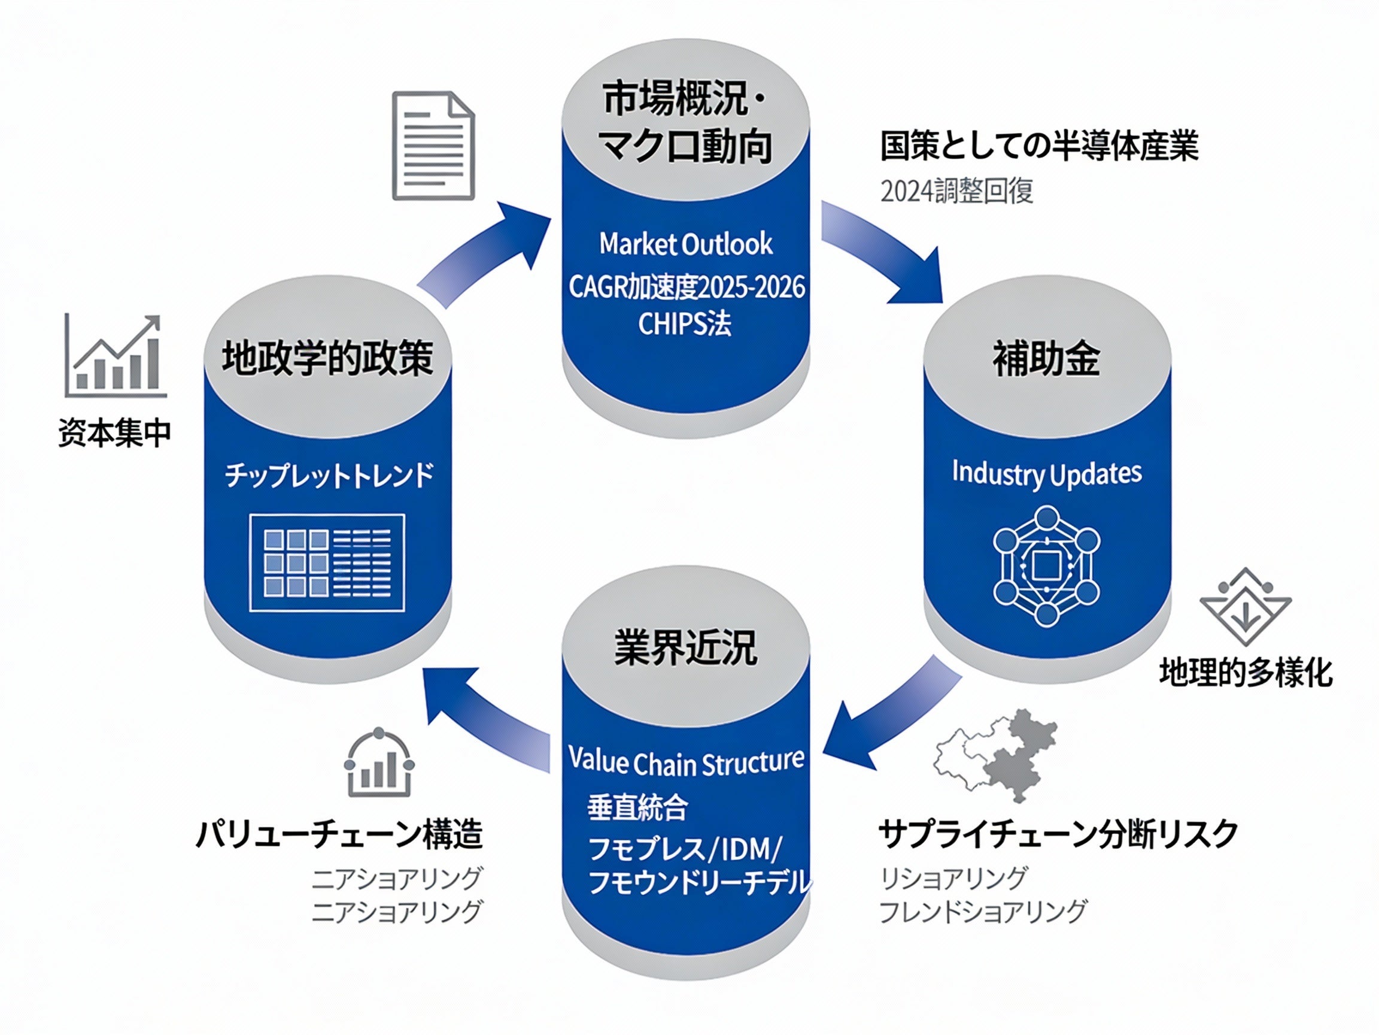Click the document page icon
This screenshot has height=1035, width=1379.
pos(433,146)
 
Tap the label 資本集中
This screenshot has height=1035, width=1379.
pos(115,433)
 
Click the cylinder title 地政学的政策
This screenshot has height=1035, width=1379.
pos(328,358)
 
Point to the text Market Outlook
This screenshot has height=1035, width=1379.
pos(686,244)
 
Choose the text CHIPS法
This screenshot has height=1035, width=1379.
pos(685,324)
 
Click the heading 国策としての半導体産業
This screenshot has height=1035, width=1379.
pos(1038,146)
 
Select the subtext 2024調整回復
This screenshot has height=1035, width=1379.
pos(956,191)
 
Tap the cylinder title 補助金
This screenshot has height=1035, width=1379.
pos(1047,359)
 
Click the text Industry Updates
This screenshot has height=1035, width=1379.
pos(1047,473)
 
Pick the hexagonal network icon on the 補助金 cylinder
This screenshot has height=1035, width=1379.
pos(1047,566)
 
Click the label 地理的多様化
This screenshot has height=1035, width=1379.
pos(1246,673)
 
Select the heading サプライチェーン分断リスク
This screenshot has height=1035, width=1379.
pos(1058,834)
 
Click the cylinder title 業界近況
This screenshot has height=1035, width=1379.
pos(686,647)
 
